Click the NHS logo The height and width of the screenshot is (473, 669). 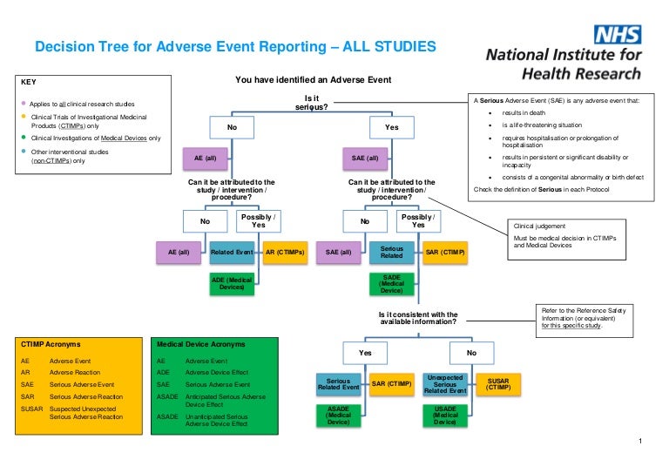click(617, 36)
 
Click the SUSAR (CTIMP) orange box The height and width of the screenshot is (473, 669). click(498, 384)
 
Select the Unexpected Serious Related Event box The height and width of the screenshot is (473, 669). click(445, 384)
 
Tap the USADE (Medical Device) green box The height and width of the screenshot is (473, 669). click(445, 416)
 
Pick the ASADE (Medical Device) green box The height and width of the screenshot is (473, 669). click(338, 416)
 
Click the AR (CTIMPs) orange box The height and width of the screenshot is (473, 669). click(285, 253)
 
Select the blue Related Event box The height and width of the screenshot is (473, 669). click(233, 253)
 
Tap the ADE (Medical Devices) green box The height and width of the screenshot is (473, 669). click(233, 282)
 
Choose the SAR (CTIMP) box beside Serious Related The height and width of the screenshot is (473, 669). click(445, 253)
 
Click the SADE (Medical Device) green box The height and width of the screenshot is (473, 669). click(392, 282)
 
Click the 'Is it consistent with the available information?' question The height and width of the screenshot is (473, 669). click(419, 318)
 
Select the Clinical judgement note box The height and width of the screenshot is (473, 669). click(570, 235)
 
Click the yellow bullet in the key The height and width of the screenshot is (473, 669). click(24, 116)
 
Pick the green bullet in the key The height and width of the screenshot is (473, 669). click(24, 138)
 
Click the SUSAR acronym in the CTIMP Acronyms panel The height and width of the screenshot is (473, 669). click(31, 407)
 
